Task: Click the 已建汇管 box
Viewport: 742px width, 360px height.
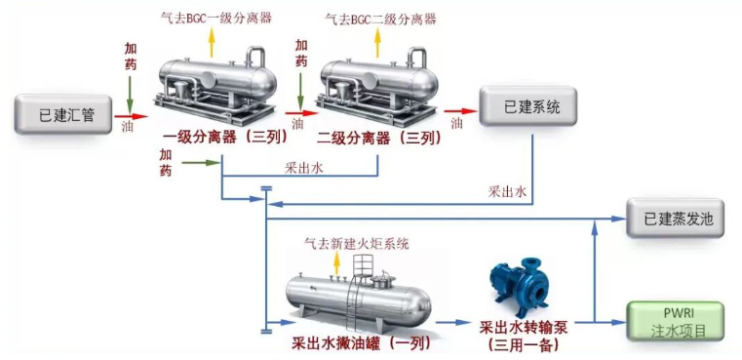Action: (66, 115)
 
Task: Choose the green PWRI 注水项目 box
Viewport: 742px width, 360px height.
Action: (676, 321)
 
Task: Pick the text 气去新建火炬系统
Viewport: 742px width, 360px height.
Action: (357, 242)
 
